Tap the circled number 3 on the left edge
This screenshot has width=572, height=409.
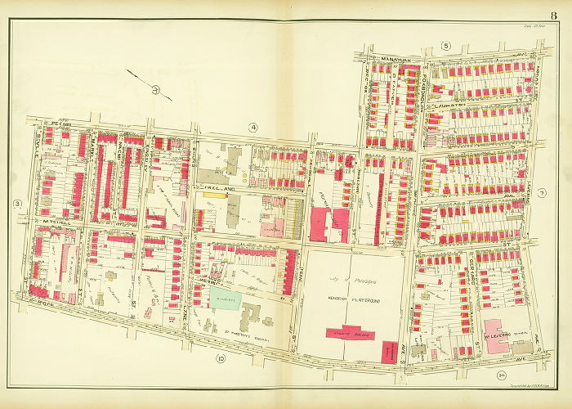pos(16,203)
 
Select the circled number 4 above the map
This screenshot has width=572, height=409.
pos(254,127)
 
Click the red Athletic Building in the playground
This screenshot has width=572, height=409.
pos(343,332)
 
